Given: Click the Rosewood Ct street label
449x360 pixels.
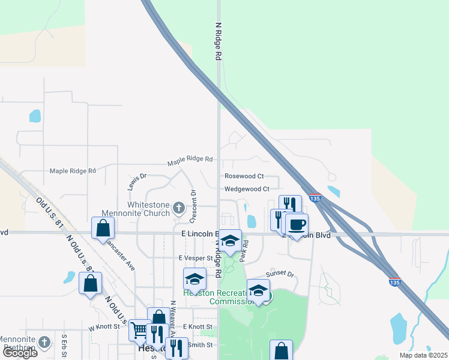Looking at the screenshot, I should [244, 176].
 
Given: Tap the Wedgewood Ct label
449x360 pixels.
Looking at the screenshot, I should [247, 188].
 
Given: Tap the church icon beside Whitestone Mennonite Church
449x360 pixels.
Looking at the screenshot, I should [178, 208].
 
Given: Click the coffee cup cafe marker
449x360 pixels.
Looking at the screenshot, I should [297, 224].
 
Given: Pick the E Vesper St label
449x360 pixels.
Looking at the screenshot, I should [196, 257].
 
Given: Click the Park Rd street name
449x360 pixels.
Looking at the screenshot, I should [245, 251].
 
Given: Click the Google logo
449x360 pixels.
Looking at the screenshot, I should [20, 353].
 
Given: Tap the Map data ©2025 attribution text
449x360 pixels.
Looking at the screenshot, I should [423, 355].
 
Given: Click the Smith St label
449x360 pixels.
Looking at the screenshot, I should [200, 345].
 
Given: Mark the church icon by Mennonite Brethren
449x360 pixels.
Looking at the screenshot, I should [44, 342].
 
